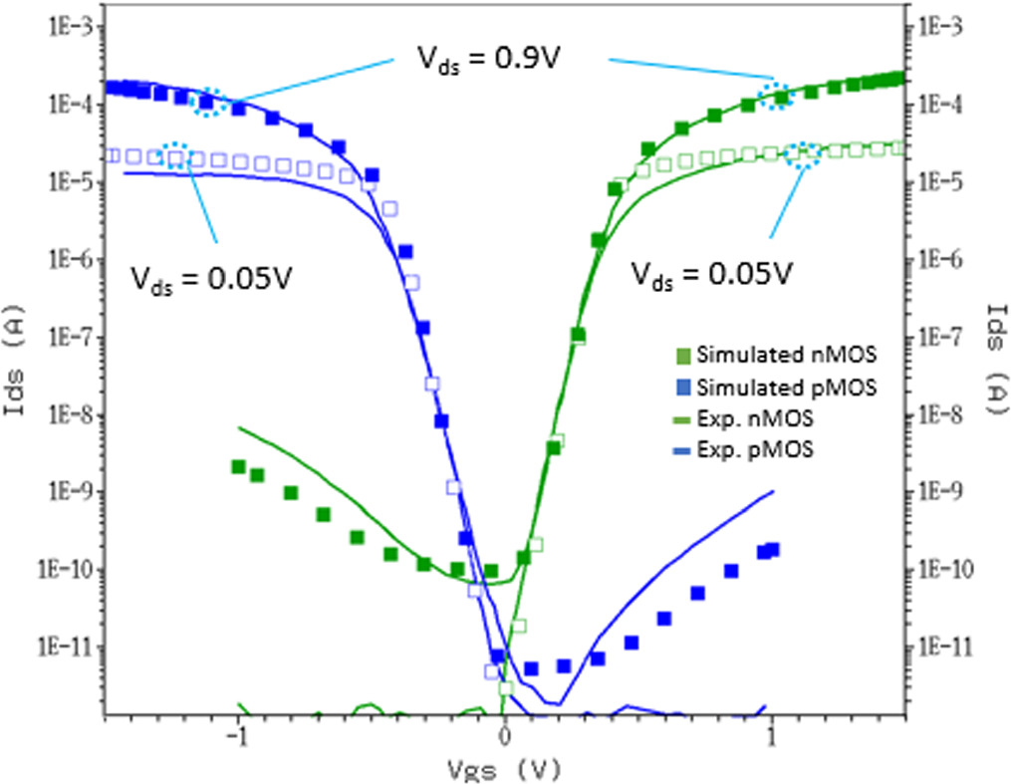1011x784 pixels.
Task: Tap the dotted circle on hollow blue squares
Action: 175,154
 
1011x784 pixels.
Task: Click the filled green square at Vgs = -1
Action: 238,467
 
